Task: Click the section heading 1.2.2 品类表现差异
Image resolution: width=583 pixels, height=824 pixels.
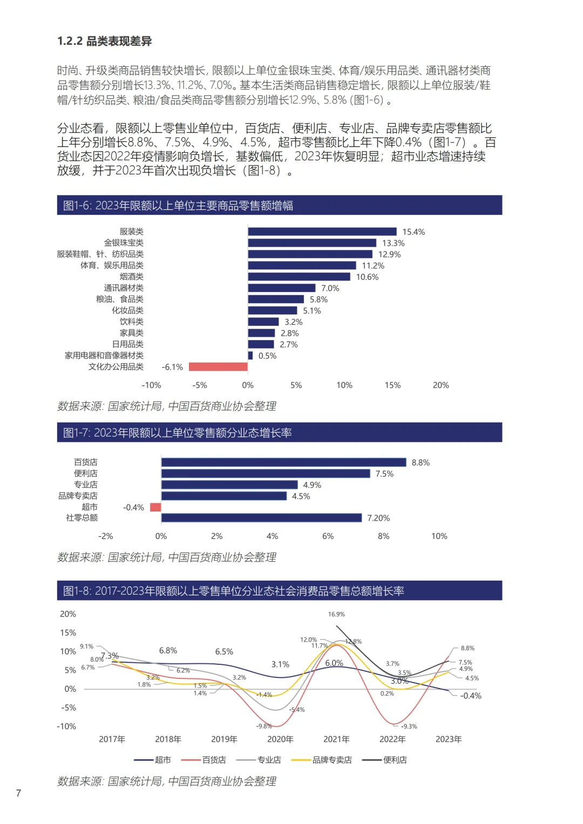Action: [x=104, y=41]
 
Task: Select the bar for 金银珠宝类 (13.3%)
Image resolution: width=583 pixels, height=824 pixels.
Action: [x=312, y=243]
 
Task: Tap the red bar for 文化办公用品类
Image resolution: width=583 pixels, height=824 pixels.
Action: [x=218, y=367]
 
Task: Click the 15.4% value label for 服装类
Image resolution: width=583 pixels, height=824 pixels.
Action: [x=413, y=232]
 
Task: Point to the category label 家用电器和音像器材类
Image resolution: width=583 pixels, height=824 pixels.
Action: [x=104, y=356]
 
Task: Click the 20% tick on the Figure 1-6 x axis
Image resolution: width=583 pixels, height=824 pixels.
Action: [x=440, y=385]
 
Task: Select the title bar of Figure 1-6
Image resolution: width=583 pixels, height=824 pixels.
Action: [x=279, y=206]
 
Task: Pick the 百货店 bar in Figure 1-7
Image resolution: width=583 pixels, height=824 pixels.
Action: [x=283, y=462]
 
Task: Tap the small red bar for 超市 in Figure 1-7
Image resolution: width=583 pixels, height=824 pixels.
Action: [x=155, y=507]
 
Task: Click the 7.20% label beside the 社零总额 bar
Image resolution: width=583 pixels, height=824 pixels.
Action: [x=378, y=518]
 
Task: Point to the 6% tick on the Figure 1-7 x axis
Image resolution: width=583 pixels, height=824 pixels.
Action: [x=328, y=536]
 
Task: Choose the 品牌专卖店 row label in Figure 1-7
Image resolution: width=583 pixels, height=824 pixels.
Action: [x=78, y=496]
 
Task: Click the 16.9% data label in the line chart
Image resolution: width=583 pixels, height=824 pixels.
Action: [x=336, y=614]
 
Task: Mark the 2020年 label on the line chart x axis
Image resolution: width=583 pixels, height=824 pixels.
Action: [x=280, y=739]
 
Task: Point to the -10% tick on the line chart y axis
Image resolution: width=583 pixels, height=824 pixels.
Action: [x=66, y=726]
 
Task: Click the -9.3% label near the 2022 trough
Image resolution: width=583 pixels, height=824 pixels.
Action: [x=409, y=726]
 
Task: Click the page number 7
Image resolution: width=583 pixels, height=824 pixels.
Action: [x=18, y=793]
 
